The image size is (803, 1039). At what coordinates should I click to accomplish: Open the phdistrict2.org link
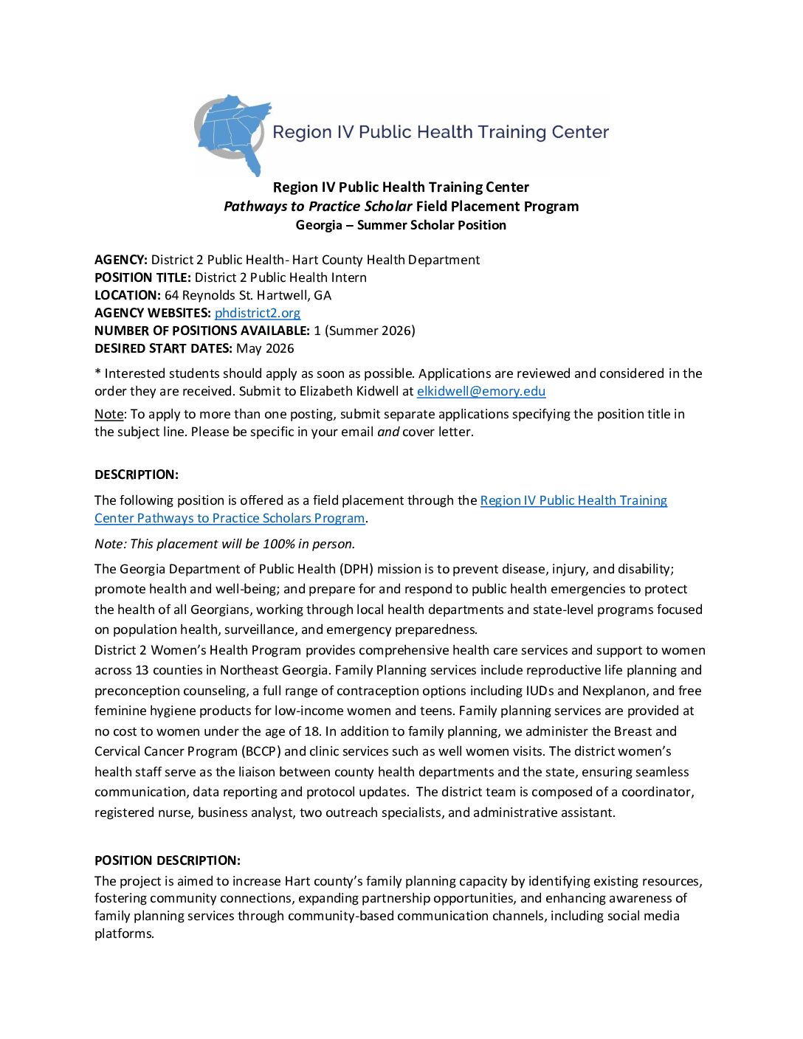(x=257, y=313)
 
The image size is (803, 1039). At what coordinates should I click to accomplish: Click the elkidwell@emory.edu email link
(x=480, y=391)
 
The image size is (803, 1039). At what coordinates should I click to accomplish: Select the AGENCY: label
(x=121, y=260)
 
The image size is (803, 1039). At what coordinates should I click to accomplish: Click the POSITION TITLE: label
(x=142, y=277)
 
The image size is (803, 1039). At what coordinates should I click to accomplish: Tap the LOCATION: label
(x=128, y=295)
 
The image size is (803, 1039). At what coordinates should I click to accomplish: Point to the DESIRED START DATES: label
(x=163, y=348)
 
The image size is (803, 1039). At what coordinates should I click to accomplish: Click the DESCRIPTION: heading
(x=137, y=474)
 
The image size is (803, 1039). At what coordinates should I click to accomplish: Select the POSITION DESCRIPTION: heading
(x=168, y=860)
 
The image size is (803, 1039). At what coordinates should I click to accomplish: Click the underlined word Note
(x=109, y=414)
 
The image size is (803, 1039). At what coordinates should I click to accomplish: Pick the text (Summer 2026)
(x=370, y=331)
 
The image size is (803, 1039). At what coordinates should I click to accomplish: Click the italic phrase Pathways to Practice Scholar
(x=317, y=207)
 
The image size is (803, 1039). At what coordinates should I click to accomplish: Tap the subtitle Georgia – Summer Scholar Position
(x=401, y=225)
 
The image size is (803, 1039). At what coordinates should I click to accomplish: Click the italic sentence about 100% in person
(x=224, y=544)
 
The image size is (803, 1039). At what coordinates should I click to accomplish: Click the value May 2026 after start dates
(x=265, y=348)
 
